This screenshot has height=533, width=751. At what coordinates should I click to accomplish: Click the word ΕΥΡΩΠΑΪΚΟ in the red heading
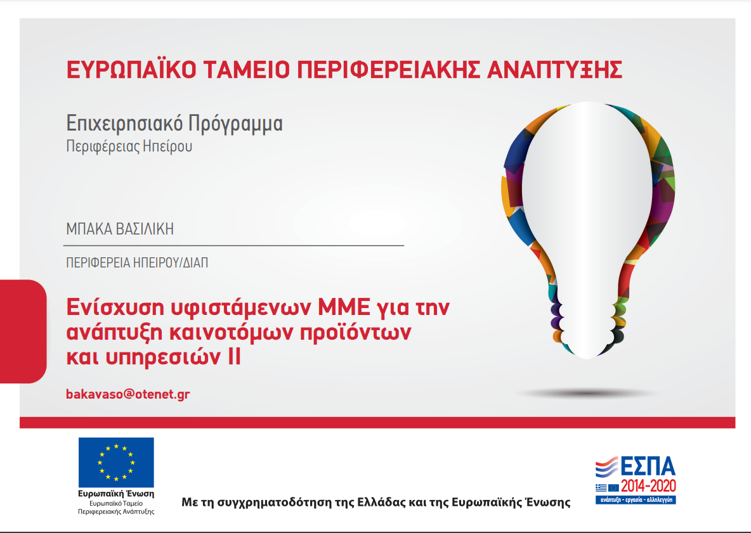131,70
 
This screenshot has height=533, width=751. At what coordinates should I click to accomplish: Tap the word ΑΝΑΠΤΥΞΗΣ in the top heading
554,70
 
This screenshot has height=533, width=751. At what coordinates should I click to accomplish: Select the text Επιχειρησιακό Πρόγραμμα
174,124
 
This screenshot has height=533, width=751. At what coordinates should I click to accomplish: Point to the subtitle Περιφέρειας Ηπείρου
129,146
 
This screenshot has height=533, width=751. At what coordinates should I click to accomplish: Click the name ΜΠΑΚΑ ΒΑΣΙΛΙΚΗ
120,229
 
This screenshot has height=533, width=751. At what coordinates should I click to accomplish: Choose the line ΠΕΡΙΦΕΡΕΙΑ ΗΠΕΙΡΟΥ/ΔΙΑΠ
137,262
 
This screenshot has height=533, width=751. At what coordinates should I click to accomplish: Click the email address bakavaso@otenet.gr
128,394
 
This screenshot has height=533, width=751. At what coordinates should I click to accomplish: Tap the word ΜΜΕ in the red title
344,307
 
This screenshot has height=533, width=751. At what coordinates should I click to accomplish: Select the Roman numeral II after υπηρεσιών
233,357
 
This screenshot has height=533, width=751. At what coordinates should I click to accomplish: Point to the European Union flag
116,462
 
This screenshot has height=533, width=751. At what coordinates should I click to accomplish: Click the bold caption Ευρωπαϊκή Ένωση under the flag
116,494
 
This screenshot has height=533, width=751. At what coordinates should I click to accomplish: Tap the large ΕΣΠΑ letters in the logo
648,466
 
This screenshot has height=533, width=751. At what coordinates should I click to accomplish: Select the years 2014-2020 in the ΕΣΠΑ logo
648,487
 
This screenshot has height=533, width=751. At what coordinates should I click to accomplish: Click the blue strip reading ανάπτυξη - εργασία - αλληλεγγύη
636,500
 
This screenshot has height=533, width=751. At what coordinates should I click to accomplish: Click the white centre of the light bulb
587,201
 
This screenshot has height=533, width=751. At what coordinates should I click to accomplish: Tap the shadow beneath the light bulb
587,394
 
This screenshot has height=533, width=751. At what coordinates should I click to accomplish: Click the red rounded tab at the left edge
23,331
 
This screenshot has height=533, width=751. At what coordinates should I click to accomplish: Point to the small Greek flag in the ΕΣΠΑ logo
601,487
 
